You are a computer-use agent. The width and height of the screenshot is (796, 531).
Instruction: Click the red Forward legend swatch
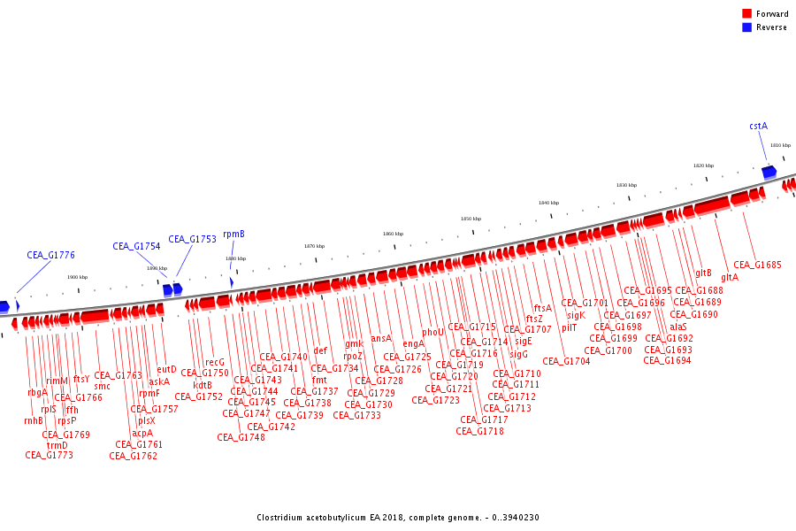[746, 14]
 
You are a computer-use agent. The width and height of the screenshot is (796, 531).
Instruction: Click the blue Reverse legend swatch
[746, 27]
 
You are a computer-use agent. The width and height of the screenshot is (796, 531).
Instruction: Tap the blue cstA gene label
[758, 127]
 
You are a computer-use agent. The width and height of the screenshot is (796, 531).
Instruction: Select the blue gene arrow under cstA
[769, 172]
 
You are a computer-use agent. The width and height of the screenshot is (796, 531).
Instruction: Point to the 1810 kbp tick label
[779, 145]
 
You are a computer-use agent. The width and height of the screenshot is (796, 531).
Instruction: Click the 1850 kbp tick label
[471, 219]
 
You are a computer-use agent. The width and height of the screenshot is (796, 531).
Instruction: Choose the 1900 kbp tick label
[77, 277]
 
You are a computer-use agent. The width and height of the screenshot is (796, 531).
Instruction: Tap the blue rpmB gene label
[233, 235]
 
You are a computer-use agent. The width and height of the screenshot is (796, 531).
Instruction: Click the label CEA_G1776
[50, 255]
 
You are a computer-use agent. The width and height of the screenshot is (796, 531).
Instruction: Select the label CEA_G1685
[757, 265]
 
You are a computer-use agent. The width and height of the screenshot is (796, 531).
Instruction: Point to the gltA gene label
[730, 277]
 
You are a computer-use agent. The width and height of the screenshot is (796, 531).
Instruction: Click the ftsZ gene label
[534, 319]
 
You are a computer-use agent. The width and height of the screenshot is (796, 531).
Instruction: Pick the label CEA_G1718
[480, 431]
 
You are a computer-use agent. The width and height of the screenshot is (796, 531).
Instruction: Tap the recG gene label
[215, 362]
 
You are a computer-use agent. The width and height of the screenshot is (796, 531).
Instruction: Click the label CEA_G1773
[49, 455]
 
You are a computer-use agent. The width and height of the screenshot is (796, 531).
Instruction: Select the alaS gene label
[677, 327]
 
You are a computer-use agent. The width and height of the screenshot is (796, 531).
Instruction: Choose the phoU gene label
[433, 333]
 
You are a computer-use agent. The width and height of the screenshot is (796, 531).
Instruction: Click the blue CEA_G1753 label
[192, 239]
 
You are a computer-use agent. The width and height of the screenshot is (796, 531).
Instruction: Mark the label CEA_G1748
[241, 437]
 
